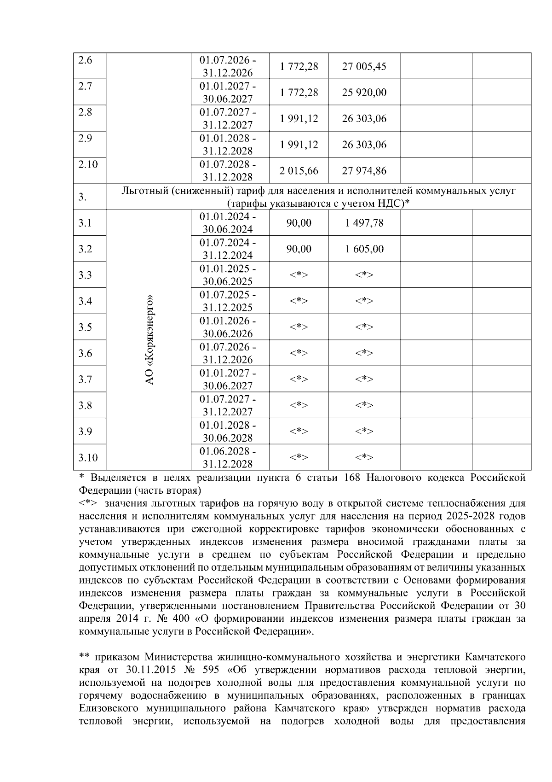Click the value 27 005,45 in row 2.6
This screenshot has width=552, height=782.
(x=364, y=66)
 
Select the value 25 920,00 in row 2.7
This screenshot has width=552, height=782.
(x=364, y=93)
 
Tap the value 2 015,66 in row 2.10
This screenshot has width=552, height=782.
(x=299, y=171)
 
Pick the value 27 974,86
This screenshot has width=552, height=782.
(x=364, y=171)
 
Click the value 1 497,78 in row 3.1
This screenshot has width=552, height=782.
(x=364, y=223)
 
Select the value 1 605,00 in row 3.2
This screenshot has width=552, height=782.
(x=364, y=249)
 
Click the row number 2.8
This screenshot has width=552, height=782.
(x=85, y=112)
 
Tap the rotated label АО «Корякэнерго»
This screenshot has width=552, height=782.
(x=149, y=339)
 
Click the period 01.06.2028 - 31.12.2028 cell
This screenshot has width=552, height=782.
(x=228, y=457)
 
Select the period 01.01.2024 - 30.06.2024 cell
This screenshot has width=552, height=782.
(x=228, y=223)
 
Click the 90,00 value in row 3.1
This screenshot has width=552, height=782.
(x=299, y=223)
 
